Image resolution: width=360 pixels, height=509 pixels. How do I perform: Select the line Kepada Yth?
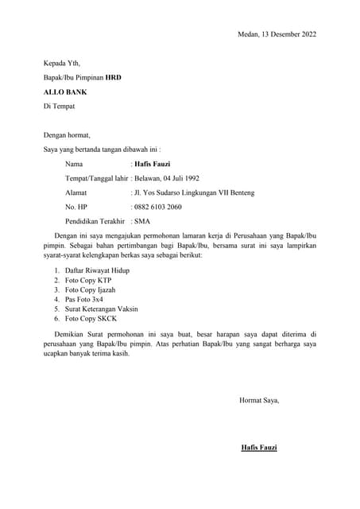click(62, 63)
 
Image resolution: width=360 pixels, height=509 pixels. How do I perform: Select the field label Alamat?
click(76, 192)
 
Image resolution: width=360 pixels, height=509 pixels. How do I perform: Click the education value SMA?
click(143, 221)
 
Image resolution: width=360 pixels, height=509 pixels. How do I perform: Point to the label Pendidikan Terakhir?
click(96, 221)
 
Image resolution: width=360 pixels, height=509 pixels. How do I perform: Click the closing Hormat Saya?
click(259, 400)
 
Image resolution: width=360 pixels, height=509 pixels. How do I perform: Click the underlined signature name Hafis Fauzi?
click(259, 448)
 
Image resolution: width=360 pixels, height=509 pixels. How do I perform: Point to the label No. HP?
click(75, 207)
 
